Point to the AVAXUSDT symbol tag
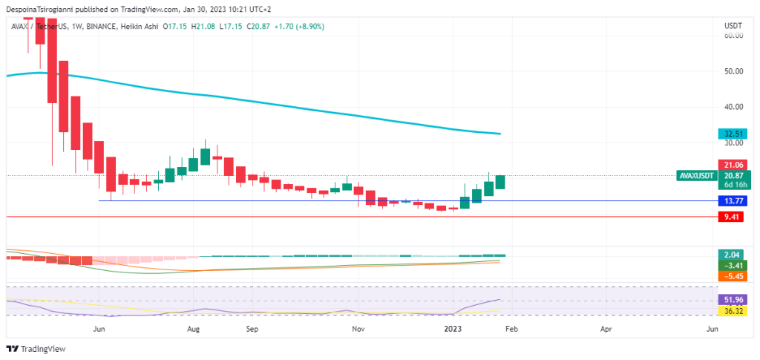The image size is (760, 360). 696,176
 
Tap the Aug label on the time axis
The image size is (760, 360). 194,327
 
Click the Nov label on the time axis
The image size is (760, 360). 358,327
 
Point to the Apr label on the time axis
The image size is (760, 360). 606,327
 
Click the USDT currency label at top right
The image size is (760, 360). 733,26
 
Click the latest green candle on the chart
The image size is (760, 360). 500,182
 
